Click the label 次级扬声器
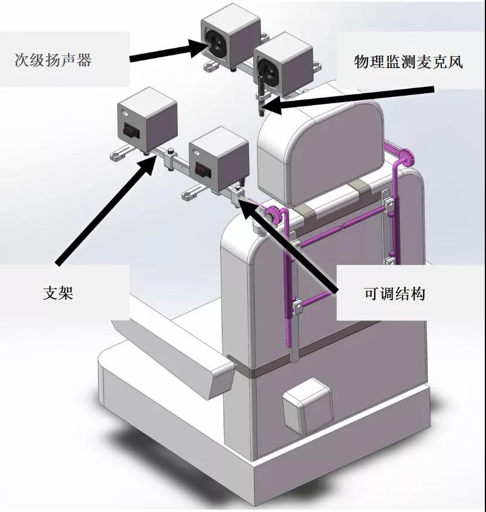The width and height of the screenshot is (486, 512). coord(53,60)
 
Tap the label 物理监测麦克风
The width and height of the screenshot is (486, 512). coord(409,62)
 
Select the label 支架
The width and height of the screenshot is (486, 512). coord(58,293)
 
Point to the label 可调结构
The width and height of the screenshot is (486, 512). coord(395,294)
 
